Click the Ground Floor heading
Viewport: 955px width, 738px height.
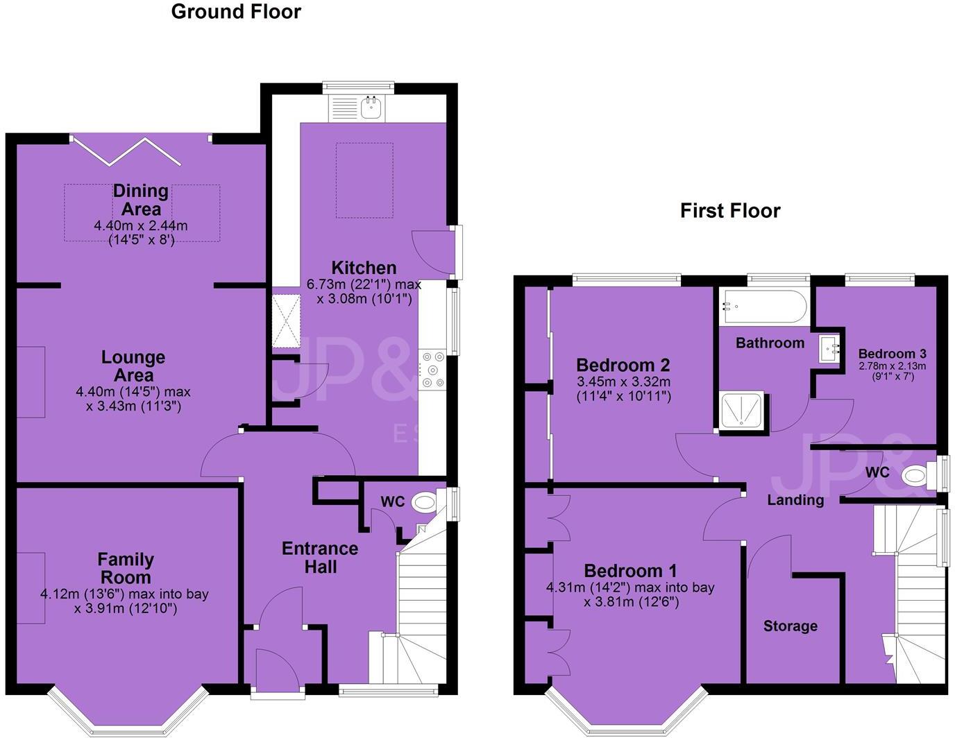(x=236, y=12)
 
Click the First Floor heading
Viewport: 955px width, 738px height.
(x=730, y=211)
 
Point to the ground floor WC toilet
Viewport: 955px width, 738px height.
(x=424, y=501)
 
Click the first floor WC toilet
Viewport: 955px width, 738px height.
(x=916, y=475)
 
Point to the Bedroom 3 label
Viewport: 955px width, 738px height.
(x=892, y=354)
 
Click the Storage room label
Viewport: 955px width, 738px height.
(x=790, y=626)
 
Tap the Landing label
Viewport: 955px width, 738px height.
(x=795, y=499)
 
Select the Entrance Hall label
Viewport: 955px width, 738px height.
(x=320, y=558)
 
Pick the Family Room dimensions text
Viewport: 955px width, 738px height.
(x=124, y=601)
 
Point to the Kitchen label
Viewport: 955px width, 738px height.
(x=364, y=268)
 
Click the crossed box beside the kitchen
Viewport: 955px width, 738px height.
(x=285, y=321)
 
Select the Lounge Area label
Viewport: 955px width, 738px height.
(x=133, y=366)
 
